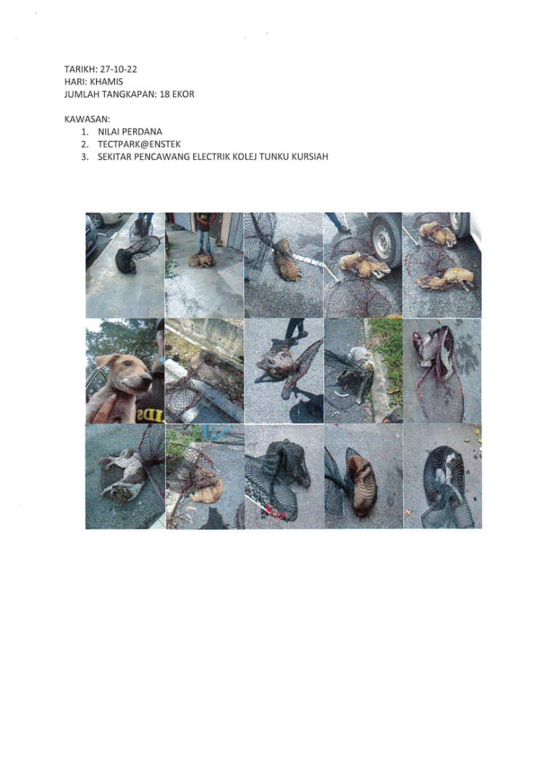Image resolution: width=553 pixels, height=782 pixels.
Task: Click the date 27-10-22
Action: pos(119,70)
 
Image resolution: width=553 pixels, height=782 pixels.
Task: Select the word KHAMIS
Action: pos(106,82)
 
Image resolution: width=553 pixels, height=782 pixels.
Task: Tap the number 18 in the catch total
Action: pos(164,94)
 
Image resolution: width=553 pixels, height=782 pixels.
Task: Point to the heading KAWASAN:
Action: pos(88,119)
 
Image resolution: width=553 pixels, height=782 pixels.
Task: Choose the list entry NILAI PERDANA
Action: pos(130,132)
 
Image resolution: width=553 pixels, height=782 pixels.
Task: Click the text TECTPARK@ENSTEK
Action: pos(139,144)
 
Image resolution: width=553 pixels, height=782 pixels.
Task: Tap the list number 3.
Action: pos(85,156)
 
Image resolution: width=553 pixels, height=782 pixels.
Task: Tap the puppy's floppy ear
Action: pos(102,361)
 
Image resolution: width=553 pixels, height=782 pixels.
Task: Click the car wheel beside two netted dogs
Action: pos(385,240)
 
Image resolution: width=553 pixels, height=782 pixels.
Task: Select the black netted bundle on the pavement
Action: pos(126,261)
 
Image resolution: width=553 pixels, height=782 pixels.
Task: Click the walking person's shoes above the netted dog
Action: pos(296,329)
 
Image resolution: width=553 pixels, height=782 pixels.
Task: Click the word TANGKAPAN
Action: pos(132,94)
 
